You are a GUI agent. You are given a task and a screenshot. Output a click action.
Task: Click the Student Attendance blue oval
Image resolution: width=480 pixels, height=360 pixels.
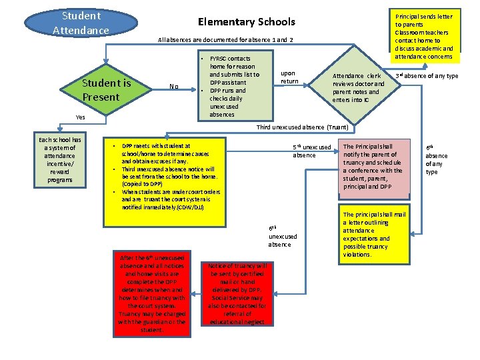(80, 23)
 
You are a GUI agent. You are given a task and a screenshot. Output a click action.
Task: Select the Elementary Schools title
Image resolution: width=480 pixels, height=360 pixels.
(247, 22)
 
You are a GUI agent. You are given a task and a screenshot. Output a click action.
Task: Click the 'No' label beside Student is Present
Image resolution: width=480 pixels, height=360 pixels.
(173, 86)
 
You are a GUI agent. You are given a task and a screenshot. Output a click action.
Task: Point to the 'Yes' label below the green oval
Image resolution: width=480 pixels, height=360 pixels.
(80, 117)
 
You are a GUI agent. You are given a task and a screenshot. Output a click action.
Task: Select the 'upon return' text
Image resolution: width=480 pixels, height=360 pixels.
(289, 77)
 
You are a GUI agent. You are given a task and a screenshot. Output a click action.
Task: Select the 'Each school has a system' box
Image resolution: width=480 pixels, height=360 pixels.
(59, 160)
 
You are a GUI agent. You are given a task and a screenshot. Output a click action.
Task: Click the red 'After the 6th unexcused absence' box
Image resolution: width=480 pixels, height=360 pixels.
(152, 293)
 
